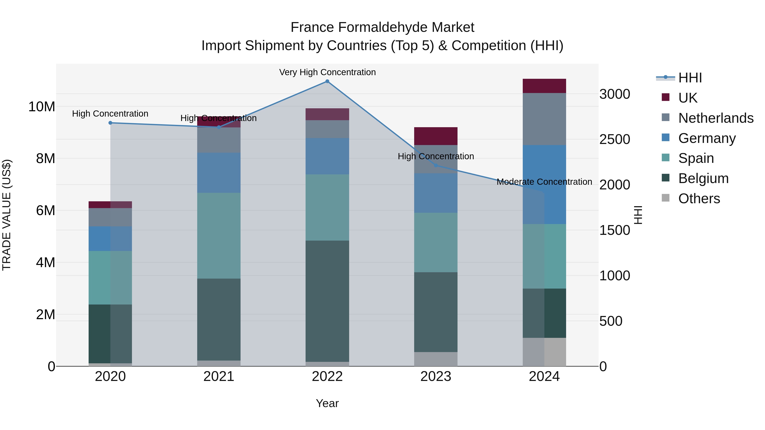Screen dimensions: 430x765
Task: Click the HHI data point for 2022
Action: tap(327, 81)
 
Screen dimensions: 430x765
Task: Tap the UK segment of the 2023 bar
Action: tap(436, 136)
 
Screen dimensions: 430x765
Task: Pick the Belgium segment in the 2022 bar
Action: tap(327, 301)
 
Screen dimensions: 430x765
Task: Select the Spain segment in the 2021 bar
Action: tap(219, 236)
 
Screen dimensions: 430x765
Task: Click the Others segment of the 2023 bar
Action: tap(436, 359)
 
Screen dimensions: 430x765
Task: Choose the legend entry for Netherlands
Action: tap(716, 118)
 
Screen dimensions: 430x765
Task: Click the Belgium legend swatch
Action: tap(666, 178)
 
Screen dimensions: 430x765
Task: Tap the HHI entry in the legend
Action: tap(690, 78)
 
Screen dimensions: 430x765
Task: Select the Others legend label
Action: tap(699, 199)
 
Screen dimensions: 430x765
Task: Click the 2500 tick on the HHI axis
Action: tap(614, 140)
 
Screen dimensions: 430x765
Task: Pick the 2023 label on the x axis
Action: tap(436, 376)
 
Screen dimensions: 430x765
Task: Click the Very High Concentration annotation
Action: tap(327, 72)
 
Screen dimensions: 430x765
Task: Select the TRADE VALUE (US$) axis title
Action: tap(7, 215)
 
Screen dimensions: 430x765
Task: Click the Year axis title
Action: tap(327, 403)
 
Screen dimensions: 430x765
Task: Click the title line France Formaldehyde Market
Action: tap(382, 27)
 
